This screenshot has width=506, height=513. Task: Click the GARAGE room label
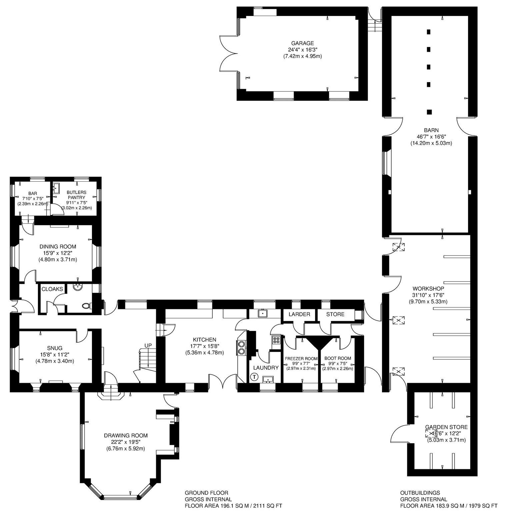click(302, 43)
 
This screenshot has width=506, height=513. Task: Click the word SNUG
click(55, 348)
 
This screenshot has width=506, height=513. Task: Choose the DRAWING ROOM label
click(126, 436)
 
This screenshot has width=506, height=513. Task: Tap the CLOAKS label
click(52, 289)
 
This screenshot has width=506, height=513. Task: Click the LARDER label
click(299, 314)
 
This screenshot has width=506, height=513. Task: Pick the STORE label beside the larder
click(335, 314)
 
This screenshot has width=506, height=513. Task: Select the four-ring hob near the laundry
click(276, 340)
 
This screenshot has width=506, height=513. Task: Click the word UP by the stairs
click(148, 345)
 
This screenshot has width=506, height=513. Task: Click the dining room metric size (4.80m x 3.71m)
click(58, 260)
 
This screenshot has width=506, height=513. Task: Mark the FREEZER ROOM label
click(301, 358)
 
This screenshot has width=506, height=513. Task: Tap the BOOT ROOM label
click(338, 358)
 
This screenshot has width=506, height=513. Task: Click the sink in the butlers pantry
click(56, 188)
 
